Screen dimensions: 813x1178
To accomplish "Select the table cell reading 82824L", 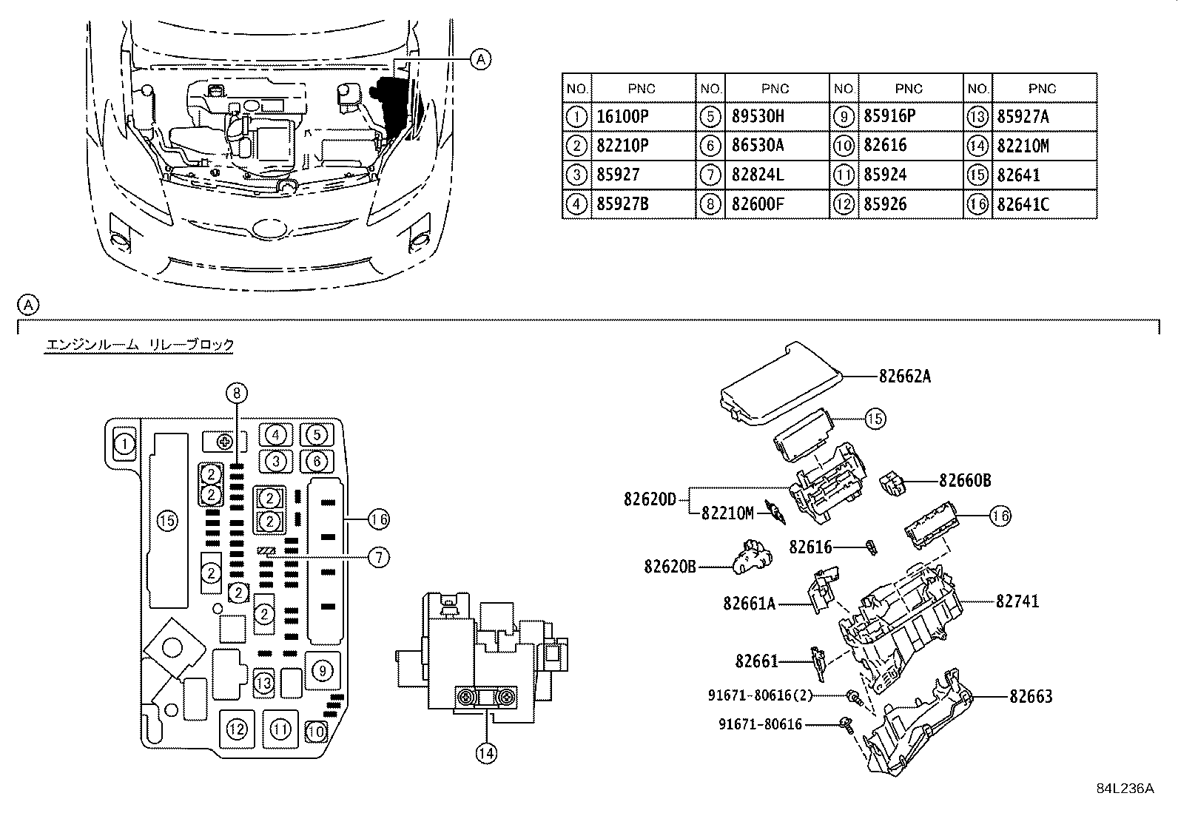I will coord(757,175).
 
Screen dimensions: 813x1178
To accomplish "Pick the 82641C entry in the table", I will coord(1023,205).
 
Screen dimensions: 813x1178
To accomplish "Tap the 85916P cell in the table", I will coord(889,116).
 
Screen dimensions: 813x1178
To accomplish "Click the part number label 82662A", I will coord(904,377).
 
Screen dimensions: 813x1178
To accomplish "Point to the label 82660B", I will coord(965,481).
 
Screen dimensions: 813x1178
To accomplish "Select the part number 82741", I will coord(1017,601).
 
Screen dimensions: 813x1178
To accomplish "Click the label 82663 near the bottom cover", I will coord(1031,696).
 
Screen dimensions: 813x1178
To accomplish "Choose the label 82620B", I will coord(670,567).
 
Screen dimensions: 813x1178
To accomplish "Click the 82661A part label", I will coord(749,604).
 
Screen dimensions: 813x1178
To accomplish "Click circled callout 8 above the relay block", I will coord(236,393).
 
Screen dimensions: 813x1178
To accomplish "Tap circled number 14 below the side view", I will coord(485,753).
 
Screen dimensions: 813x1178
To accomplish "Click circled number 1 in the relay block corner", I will coord(125,445).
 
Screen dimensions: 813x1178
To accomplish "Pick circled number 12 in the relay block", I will coord(236,729).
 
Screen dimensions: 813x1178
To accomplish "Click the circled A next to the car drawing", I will coord(480,59).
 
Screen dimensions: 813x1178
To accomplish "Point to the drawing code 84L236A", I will coord(1125,788).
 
